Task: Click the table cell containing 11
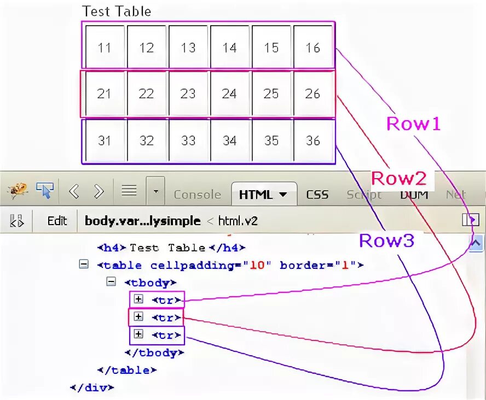pos(104,48)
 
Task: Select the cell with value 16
pos(313,48)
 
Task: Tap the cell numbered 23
pos(188,94)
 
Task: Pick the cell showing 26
pos(313,94)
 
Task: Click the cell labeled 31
pos(104,140)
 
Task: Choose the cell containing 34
pos(229,140)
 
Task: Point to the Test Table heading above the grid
pos(116,11)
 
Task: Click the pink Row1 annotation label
pos(413,124)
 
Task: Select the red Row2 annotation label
pos(398,179)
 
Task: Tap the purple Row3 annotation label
pos(386,240)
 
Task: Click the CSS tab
pos(317,195)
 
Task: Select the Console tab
pos(197,195)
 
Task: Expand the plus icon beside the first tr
pos(138,299)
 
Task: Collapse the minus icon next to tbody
pos(111,282)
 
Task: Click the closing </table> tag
pos(126,370)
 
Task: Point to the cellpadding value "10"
pos(257,266)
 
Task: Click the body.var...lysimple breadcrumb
pos(141,221)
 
